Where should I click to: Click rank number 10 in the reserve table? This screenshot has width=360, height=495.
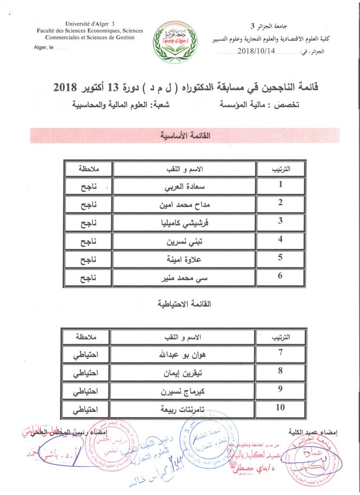(280, 408)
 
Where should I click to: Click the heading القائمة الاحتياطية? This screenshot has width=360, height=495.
(185, 304)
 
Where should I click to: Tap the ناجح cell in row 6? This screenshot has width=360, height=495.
(88, 279)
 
